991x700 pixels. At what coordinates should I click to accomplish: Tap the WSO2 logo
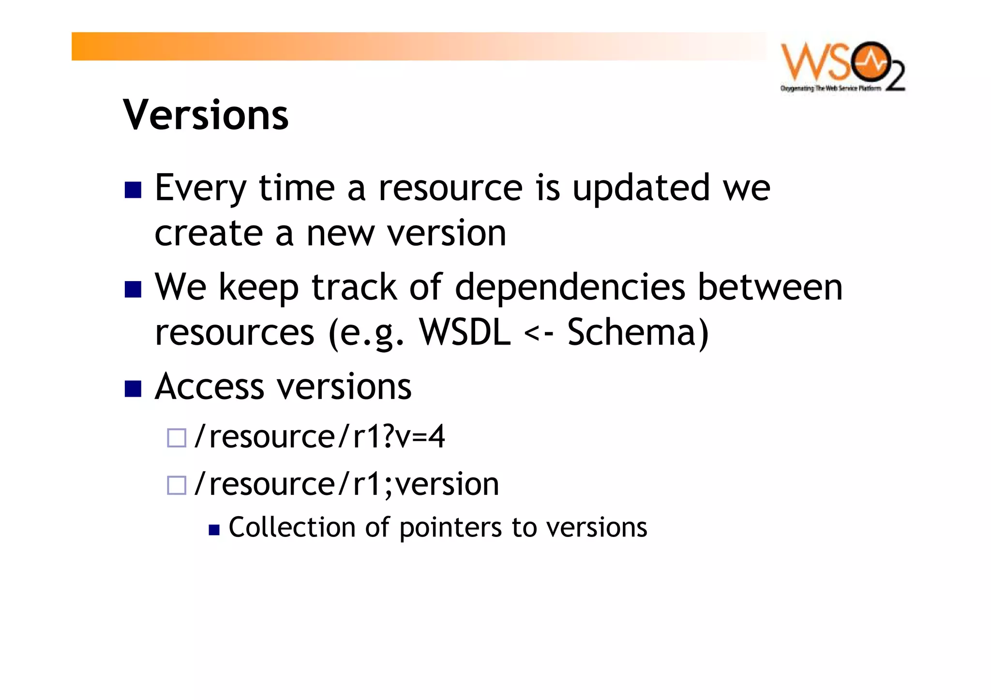point(842,67)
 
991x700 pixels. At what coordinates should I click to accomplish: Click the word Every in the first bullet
point(201,189)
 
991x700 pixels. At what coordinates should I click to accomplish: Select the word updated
point(641,188)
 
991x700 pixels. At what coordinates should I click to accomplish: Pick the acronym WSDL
point(465,332)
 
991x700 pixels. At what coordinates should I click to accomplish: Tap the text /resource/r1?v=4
point(319,437)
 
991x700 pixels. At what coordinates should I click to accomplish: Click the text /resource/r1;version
point(346,484)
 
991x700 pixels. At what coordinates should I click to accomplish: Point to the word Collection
point(292,527)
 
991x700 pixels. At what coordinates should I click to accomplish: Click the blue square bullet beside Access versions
point(133,388)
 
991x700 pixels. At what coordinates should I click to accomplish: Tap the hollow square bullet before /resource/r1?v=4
point(177,438)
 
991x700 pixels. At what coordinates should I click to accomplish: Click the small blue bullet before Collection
point(214,530)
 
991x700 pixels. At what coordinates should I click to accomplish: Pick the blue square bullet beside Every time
point(133,190)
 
